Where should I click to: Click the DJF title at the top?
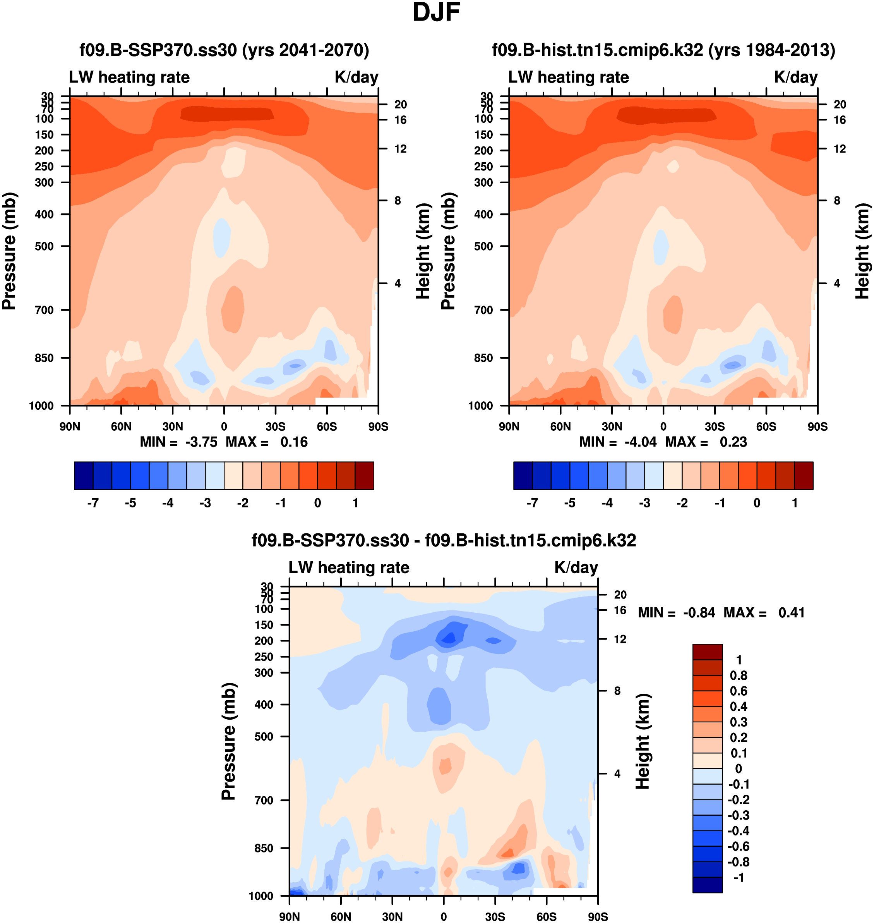(x=436, y=12)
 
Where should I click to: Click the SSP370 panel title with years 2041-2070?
(x=224, y=50)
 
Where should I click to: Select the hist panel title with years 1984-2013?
(x=663, y=50)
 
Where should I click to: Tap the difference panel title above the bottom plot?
(x=444, y=540)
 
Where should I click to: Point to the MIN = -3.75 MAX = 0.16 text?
(x=224, y=442)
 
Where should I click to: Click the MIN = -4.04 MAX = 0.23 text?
(x=663, y=442)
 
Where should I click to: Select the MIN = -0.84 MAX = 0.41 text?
(x=721, y=612)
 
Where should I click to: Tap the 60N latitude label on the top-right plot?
(x=560, y=426)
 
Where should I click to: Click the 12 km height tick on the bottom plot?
(x=620, y=639)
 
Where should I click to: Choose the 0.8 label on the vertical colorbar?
(x=739, y=675)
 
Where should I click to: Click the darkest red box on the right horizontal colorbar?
(x=804, y=476)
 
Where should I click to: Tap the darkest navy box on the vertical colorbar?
(x=707, y=885)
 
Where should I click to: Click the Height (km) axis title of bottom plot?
(x=643, y=741)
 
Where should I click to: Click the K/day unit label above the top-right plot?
(x=796, y=77)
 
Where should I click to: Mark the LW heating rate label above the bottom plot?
(x=349, y=568)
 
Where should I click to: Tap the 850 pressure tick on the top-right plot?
(x=483, y=358)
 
